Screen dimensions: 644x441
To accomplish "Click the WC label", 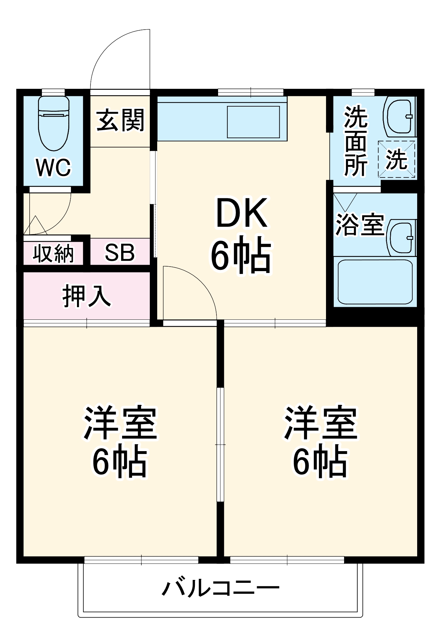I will [x=53, y=167].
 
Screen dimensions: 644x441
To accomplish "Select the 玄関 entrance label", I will [x=120, y=120].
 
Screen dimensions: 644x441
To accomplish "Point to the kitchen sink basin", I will [x=253, y=122].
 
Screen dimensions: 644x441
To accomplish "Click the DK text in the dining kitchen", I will [x=242, y=213].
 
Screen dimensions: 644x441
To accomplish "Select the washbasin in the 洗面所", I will [x=398, y=116].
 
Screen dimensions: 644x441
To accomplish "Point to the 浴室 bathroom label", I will [x=360, y=224].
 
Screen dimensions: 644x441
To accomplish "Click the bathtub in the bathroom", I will [x=375, y=282].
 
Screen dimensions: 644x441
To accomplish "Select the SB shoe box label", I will [x=120, y=252].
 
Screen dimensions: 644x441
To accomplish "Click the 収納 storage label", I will [x=53, y=253].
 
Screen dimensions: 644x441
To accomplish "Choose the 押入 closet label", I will [x=87, y=296].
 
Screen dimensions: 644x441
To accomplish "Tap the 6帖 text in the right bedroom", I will [x=320, y=461].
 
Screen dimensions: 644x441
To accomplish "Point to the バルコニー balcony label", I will [x=221, y=588].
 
